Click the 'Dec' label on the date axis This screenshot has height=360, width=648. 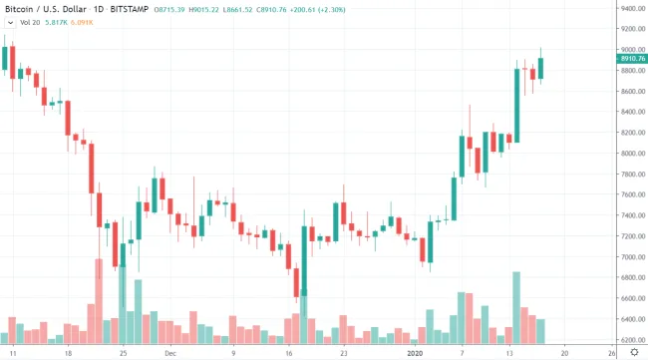coord(170,352)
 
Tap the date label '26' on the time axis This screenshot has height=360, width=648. coord(611,352)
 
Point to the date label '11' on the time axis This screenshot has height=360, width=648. coord(12,352)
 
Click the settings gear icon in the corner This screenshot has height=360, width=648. coord(634,352)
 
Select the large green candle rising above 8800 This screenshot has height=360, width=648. coord(516,105)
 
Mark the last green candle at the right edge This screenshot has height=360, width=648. coord(540,68)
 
